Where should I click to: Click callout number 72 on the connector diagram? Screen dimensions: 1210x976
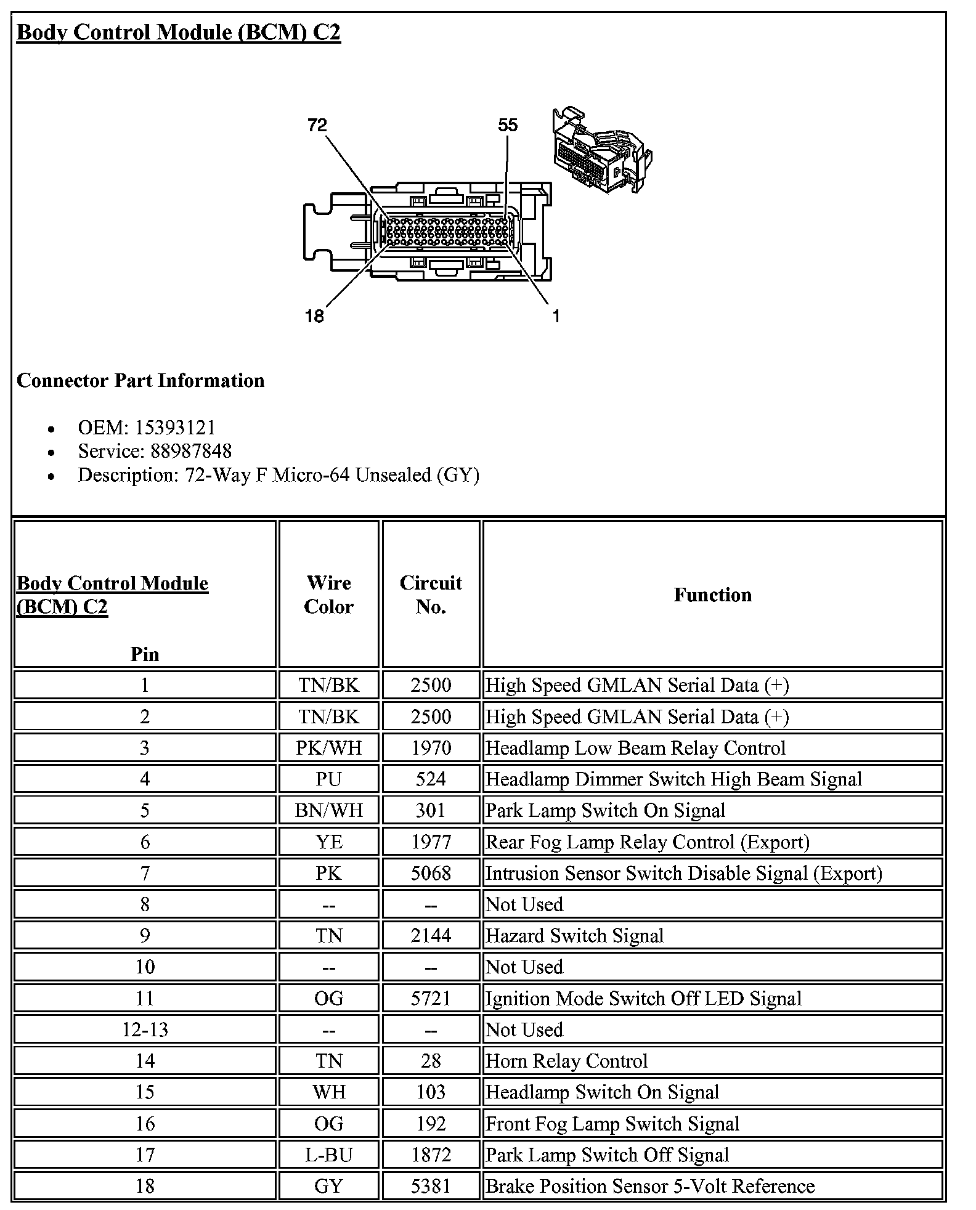pyautogui.click(x=317, y=126)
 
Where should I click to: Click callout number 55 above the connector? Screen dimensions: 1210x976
pyautogui.click(x=508, y=126)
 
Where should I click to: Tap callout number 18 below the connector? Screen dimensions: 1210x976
pyautogui.click(x=314, y=316)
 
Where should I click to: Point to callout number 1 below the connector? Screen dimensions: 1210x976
pyautogui.click(x=556, y=316)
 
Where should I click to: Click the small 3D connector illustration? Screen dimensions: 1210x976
pyautogui.click(x=601, y=151)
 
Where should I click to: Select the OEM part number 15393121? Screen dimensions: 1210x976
pyautogui.click(x=175, y=428)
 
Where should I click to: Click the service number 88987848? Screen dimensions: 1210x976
pyautogui.click(x=191, y=451)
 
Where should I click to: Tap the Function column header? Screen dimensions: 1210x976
pyautogui.click(x=712, y=595)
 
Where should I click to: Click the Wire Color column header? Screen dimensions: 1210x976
pyautogui.click(x=328, y=595)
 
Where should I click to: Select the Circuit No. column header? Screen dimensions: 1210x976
pyautogui.click(x=431, y=595)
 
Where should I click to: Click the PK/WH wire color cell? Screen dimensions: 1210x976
pyautogui.click(x=328, y=748)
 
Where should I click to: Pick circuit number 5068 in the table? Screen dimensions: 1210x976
pyautogui.click(x=431, y=873)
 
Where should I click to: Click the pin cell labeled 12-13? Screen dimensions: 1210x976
pyautogui.click(x=145, y=1029)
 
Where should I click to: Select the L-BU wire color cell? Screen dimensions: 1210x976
pyautogui.click(x=328, y=1155)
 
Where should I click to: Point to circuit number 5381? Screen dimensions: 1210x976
pyautogui.click(x=431, y=1186)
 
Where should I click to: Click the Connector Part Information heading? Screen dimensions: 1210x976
pyautogui.click(x=140, y=380)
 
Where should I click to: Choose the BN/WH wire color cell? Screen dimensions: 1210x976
pyautogui.click(x=328, y=810)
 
